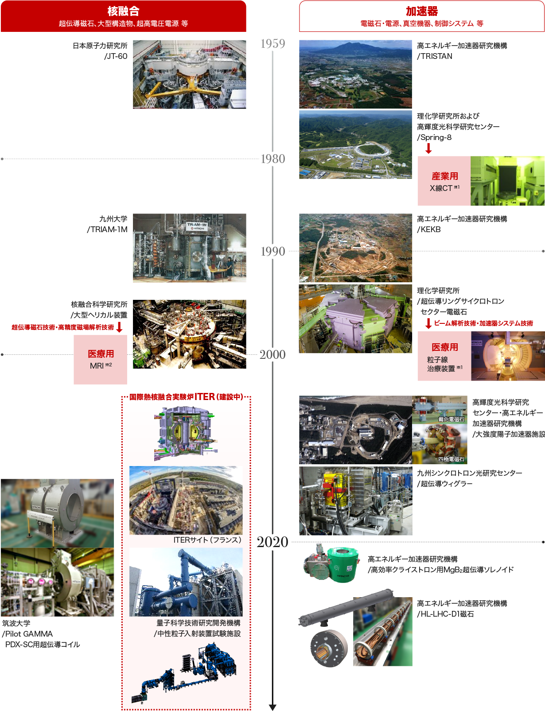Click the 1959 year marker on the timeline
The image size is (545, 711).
coord(273,43)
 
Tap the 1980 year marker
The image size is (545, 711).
coord(273,159)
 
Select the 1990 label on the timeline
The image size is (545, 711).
coord(273,251)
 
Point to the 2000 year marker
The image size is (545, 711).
coord(273,354)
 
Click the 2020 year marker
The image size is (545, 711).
coord(272,542)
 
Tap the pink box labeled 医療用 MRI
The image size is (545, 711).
coord(100,359)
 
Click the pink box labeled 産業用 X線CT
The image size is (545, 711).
coord(444,181)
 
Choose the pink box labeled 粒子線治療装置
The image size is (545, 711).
coord(444,356)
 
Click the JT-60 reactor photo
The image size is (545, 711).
coord(190,74)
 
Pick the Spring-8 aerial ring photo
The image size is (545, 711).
coord(355,145)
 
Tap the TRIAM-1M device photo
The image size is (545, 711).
coord(190,248)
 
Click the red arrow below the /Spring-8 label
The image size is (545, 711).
coord(428,148)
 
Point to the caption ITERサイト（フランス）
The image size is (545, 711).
coord(207,540)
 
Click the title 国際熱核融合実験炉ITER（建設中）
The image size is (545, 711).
coord(186,397)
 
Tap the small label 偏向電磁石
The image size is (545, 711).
coord(452,419)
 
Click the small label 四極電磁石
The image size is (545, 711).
coord(452,459)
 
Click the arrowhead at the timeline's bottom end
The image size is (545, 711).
coord(272,707)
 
